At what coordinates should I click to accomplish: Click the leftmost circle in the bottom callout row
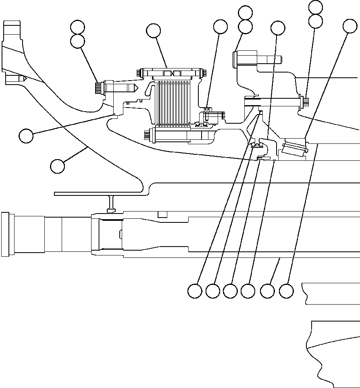[195, 291]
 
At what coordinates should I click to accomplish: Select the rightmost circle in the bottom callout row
[286, 291]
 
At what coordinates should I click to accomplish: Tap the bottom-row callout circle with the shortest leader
[267, 291]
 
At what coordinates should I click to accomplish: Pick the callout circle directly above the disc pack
[153, 30]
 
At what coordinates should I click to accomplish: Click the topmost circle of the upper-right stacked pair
[315, 7]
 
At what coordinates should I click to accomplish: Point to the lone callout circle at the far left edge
[26, 136]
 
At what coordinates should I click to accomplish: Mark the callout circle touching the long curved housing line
[58, 166]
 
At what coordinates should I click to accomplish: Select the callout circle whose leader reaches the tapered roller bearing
[350, 26]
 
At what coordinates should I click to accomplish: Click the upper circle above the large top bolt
[245, 12]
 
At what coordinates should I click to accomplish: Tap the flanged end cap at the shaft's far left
[6, 234]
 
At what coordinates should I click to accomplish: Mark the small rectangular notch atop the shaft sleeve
[162, 214]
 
